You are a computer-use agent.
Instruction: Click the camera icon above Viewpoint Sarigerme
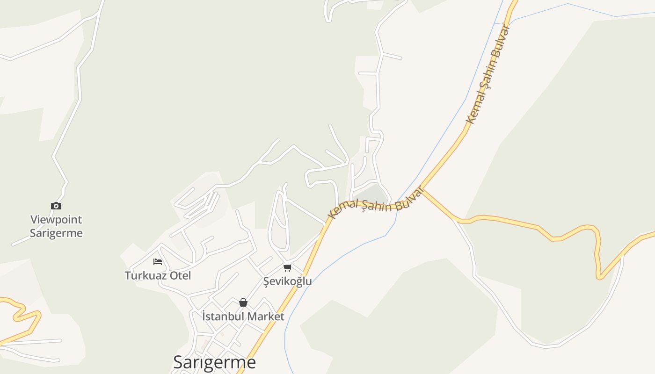click(56, 206)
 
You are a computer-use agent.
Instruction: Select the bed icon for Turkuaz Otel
click(158, 261)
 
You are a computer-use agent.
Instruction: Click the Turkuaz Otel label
click(158, 275)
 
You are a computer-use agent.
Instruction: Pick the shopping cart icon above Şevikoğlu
click(287, 267)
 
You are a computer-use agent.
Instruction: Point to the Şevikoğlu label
click(287, 281)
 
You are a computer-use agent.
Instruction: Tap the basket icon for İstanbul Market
click(243, 302)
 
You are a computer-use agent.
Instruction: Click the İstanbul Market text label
click(243, 316)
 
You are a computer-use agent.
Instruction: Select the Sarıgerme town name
click(214, 362)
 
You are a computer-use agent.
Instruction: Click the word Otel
click(180, 275)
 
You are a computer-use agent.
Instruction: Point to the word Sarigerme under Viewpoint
click(56, 233)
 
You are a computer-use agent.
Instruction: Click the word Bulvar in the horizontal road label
click(408, 198)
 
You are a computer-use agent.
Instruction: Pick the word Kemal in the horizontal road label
click(342, 209)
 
